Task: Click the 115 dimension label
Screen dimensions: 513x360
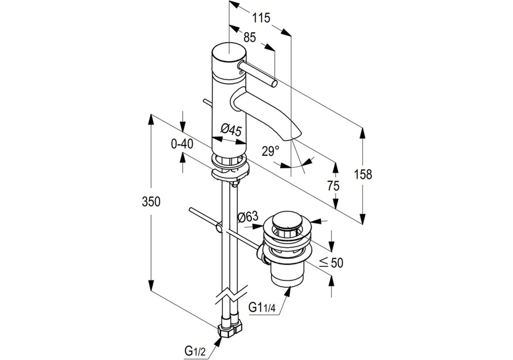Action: pyautogui.click(x=261, y=18)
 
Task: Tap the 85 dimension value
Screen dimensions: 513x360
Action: pyautogui.click(x=249, y=38)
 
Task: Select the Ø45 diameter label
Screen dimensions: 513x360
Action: pyautogui.click(x=231, y=129)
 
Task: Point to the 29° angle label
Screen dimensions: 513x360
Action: pyautogui.click(x=270, y=151)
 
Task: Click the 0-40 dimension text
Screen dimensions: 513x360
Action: pyautogui.click(x=182, y=144)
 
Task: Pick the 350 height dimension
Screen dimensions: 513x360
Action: pyautogui.click(x=151, y=202)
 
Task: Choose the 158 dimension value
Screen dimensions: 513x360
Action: pyautogui.click(x=363, y=174)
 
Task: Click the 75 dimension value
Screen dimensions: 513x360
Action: pyautogui.click(x=333, y=186)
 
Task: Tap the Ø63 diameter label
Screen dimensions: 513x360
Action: pyautogui.click(x=248, y=216)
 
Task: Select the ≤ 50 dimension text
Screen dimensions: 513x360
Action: pyautogui.click(x=331, y=262)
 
